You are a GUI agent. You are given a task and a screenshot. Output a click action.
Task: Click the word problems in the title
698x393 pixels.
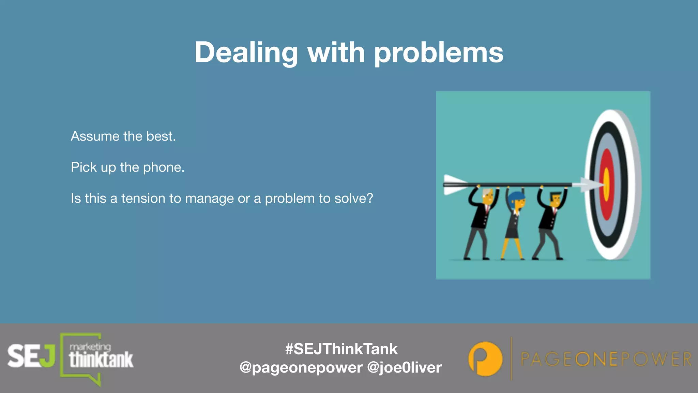pos(439,53)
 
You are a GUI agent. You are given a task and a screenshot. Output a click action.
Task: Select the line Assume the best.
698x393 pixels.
pos(123,136)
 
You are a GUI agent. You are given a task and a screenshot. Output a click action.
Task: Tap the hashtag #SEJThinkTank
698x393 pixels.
pos(341,349)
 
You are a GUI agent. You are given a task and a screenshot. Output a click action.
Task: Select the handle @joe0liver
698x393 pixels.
pos(404,368)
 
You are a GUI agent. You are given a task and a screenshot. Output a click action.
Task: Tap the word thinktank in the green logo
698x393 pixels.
pos(101,360)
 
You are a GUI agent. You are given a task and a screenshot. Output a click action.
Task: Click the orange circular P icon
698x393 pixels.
pos(485,359)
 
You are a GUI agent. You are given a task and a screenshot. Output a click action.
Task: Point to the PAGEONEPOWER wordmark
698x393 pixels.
pos(606,359)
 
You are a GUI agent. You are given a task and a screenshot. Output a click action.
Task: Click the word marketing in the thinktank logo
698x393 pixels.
pos(90,347)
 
